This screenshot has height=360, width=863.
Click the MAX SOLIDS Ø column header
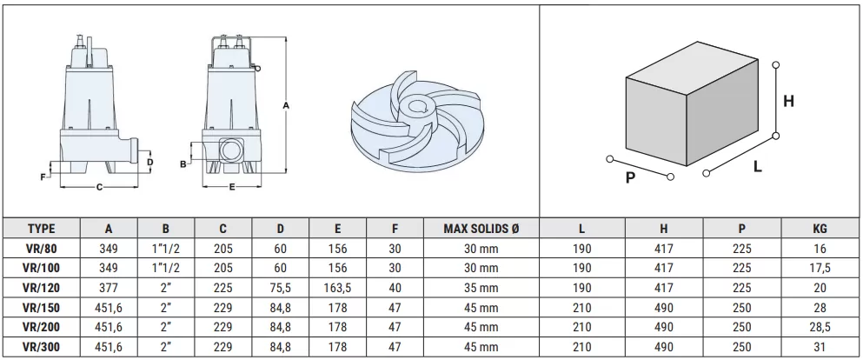pyautogui.click(x=481, y=229)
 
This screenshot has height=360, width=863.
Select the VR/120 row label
pyautogui.click(x=42, y=288)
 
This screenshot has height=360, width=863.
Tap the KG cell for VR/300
pyautogui.click(x=820, y=347)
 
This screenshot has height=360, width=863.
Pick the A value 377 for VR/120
pyautogui.click(x=109, y=288)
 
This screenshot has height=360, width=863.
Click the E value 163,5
pyautogui.click(x=337, y=288)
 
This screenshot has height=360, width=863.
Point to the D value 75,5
pyautogui.click(x=281, y=288)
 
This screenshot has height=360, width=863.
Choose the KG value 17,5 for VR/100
pyautogui.click(x=820, y=269)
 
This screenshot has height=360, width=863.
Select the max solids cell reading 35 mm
pyautogui.click(x=481, y=288)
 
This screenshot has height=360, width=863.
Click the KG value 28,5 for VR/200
pyautogui.click(x=820, y=328)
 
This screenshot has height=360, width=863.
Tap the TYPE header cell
pyautogui.click(x=42, y=229)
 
